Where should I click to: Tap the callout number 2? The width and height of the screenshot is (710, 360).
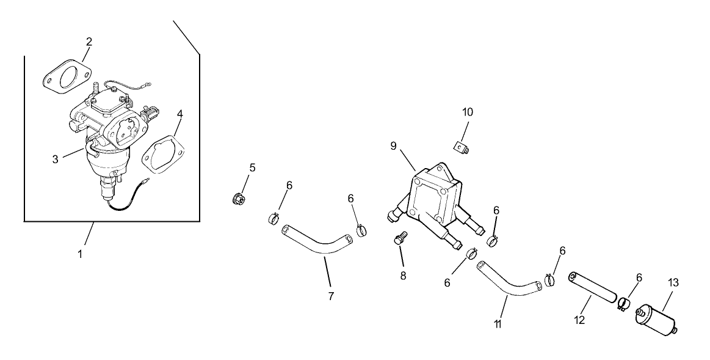pos(89,42)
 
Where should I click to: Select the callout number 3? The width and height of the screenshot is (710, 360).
pos(55,159)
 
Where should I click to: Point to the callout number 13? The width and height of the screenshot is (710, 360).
pos(673,282)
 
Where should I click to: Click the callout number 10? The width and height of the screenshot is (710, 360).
pos(468,112)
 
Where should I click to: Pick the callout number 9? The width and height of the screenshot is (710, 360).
pos(394,146)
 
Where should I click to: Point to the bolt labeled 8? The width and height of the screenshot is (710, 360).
pos(400,238)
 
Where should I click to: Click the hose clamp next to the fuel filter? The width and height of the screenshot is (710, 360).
pos(623,303)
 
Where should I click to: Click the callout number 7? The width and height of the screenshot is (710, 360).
pos(331,296)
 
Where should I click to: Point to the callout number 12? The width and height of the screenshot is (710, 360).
pos(579,320)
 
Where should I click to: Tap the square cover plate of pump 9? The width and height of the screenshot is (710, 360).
pos(433,197)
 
